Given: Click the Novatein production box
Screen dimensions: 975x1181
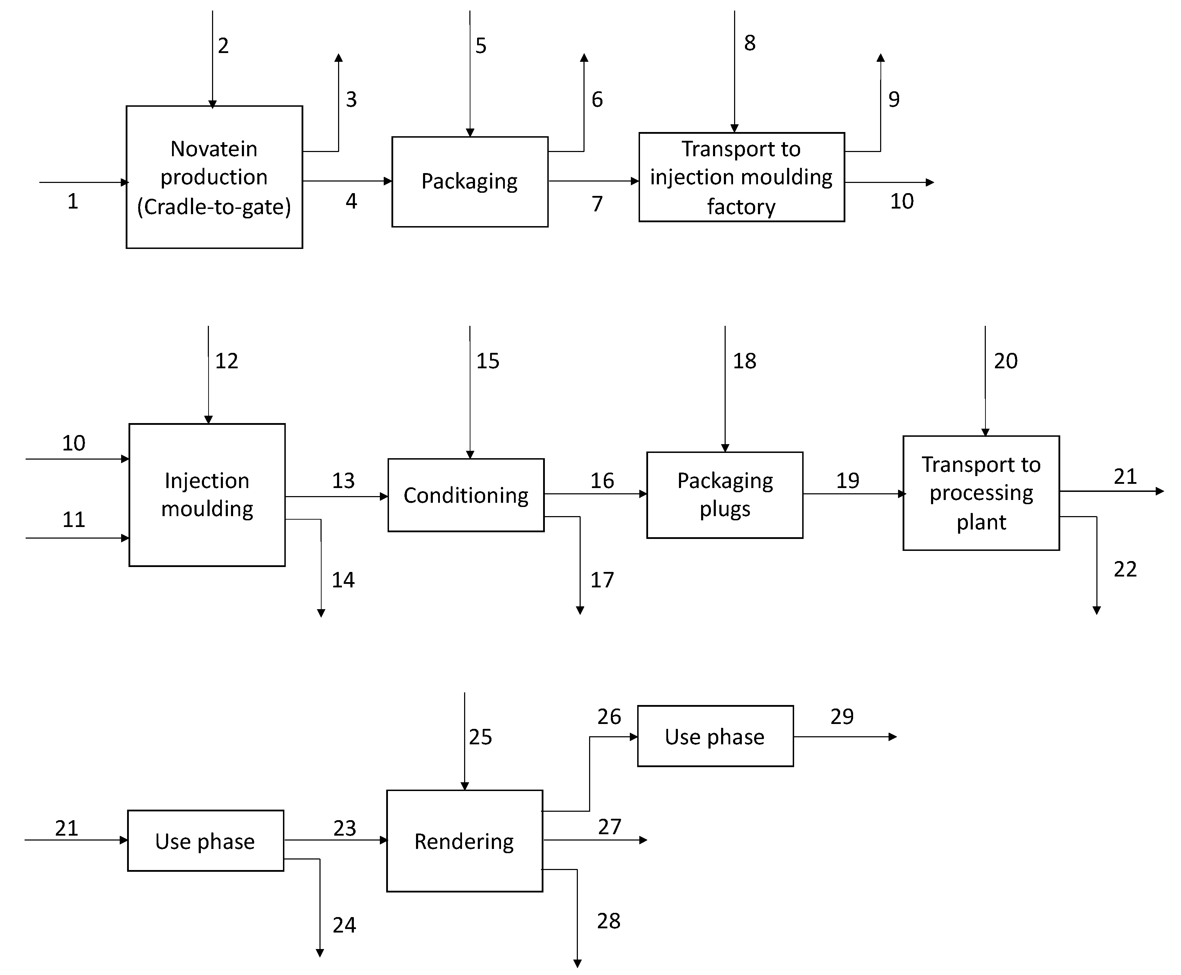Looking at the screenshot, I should [x=214, y=177].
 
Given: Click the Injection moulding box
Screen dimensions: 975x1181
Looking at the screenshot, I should [x=207, y=495].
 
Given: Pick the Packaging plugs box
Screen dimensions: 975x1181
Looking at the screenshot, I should [x=725, y=495].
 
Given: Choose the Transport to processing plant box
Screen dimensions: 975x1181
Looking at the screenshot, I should [x=981, y=493].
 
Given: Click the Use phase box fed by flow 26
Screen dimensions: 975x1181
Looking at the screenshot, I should [x=715, y=736].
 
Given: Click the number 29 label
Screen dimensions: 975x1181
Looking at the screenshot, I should [x=841, y=716].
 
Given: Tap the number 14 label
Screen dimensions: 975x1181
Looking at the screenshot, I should [x=343, y=580].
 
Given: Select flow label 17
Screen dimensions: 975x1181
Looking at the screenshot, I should [x=601, y=580].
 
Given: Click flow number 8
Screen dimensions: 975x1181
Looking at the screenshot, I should [x=749, y=43].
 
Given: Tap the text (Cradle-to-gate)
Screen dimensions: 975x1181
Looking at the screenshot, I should [x=214, y=207].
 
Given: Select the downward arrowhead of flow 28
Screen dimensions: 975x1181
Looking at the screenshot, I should [x=577, y=963].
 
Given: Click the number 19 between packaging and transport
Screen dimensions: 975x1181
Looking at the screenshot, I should [x=847, y=480].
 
